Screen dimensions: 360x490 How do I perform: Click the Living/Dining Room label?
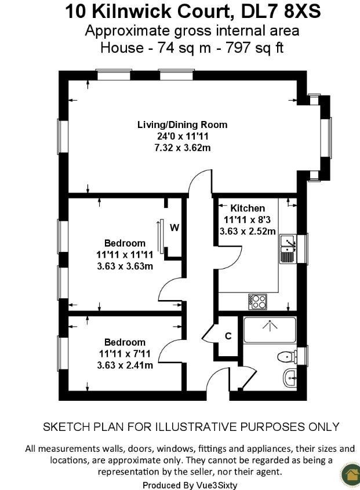[183, 125]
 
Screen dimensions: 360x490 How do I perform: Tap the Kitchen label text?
[248, 208]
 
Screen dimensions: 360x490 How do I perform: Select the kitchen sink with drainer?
[288, 248]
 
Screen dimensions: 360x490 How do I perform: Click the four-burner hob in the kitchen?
[258, 302]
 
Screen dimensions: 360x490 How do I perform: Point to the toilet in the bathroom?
[287, 357]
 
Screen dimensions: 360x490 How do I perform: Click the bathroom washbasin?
[290, 378]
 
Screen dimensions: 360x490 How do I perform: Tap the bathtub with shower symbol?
[270, 330]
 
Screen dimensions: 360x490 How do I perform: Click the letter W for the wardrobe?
[174, 228]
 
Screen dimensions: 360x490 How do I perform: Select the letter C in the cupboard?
[228, 336]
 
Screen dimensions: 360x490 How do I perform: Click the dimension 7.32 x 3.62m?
[183, 148]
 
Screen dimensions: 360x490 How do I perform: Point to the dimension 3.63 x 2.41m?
[125, 365]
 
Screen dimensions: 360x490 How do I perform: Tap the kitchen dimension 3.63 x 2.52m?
[248, 231]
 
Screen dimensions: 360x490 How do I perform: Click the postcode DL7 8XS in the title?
[281, 12]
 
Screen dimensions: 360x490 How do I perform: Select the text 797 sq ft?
[254, 48]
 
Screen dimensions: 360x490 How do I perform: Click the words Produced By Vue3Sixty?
[190, 485]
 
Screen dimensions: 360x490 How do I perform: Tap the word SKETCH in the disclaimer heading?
[66, 427]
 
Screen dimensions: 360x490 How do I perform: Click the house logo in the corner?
[351, 475]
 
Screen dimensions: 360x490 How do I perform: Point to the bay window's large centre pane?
[326, 137]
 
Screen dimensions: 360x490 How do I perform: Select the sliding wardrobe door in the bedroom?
[161, 236]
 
